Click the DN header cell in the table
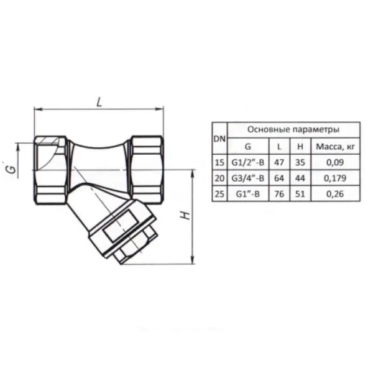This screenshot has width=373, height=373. point(219,139)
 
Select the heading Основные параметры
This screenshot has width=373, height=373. point(293,130)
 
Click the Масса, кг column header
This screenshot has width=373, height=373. point(336,147)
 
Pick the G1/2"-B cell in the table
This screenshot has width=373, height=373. point(248,162)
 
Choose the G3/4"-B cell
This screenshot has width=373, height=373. point(248,178)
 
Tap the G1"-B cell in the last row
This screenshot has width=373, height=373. point(248,194)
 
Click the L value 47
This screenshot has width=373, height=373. point(279,162)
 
